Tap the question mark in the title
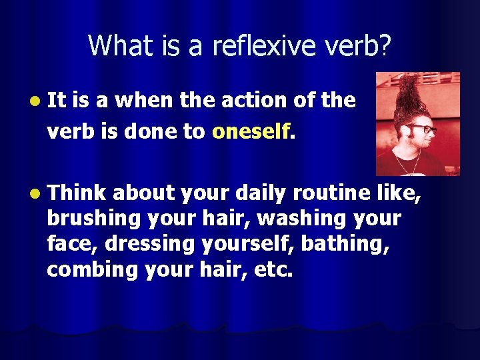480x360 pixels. [x=385, y=45]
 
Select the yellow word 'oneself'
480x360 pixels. [x=251, y=131]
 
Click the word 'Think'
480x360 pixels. [x=77, y=193]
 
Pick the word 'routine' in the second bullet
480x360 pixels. [x=342, y=193]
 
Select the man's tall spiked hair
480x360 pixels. [x=407, y=93]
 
